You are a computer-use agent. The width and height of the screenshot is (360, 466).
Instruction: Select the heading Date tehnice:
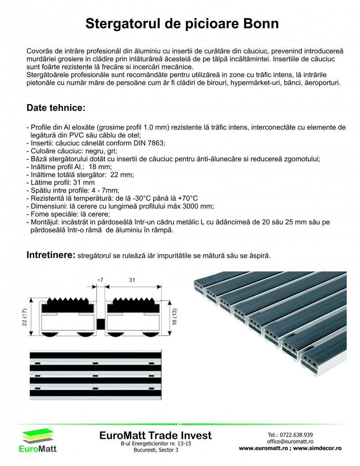tap(56, 108)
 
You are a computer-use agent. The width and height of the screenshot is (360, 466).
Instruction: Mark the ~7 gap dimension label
tap(100, 280)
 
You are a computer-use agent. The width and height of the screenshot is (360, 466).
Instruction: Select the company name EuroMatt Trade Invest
tap(156, 435)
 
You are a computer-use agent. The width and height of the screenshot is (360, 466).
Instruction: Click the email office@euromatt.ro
tap(290, 441)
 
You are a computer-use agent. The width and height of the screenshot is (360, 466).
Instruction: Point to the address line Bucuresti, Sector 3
tap(156, 450)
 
